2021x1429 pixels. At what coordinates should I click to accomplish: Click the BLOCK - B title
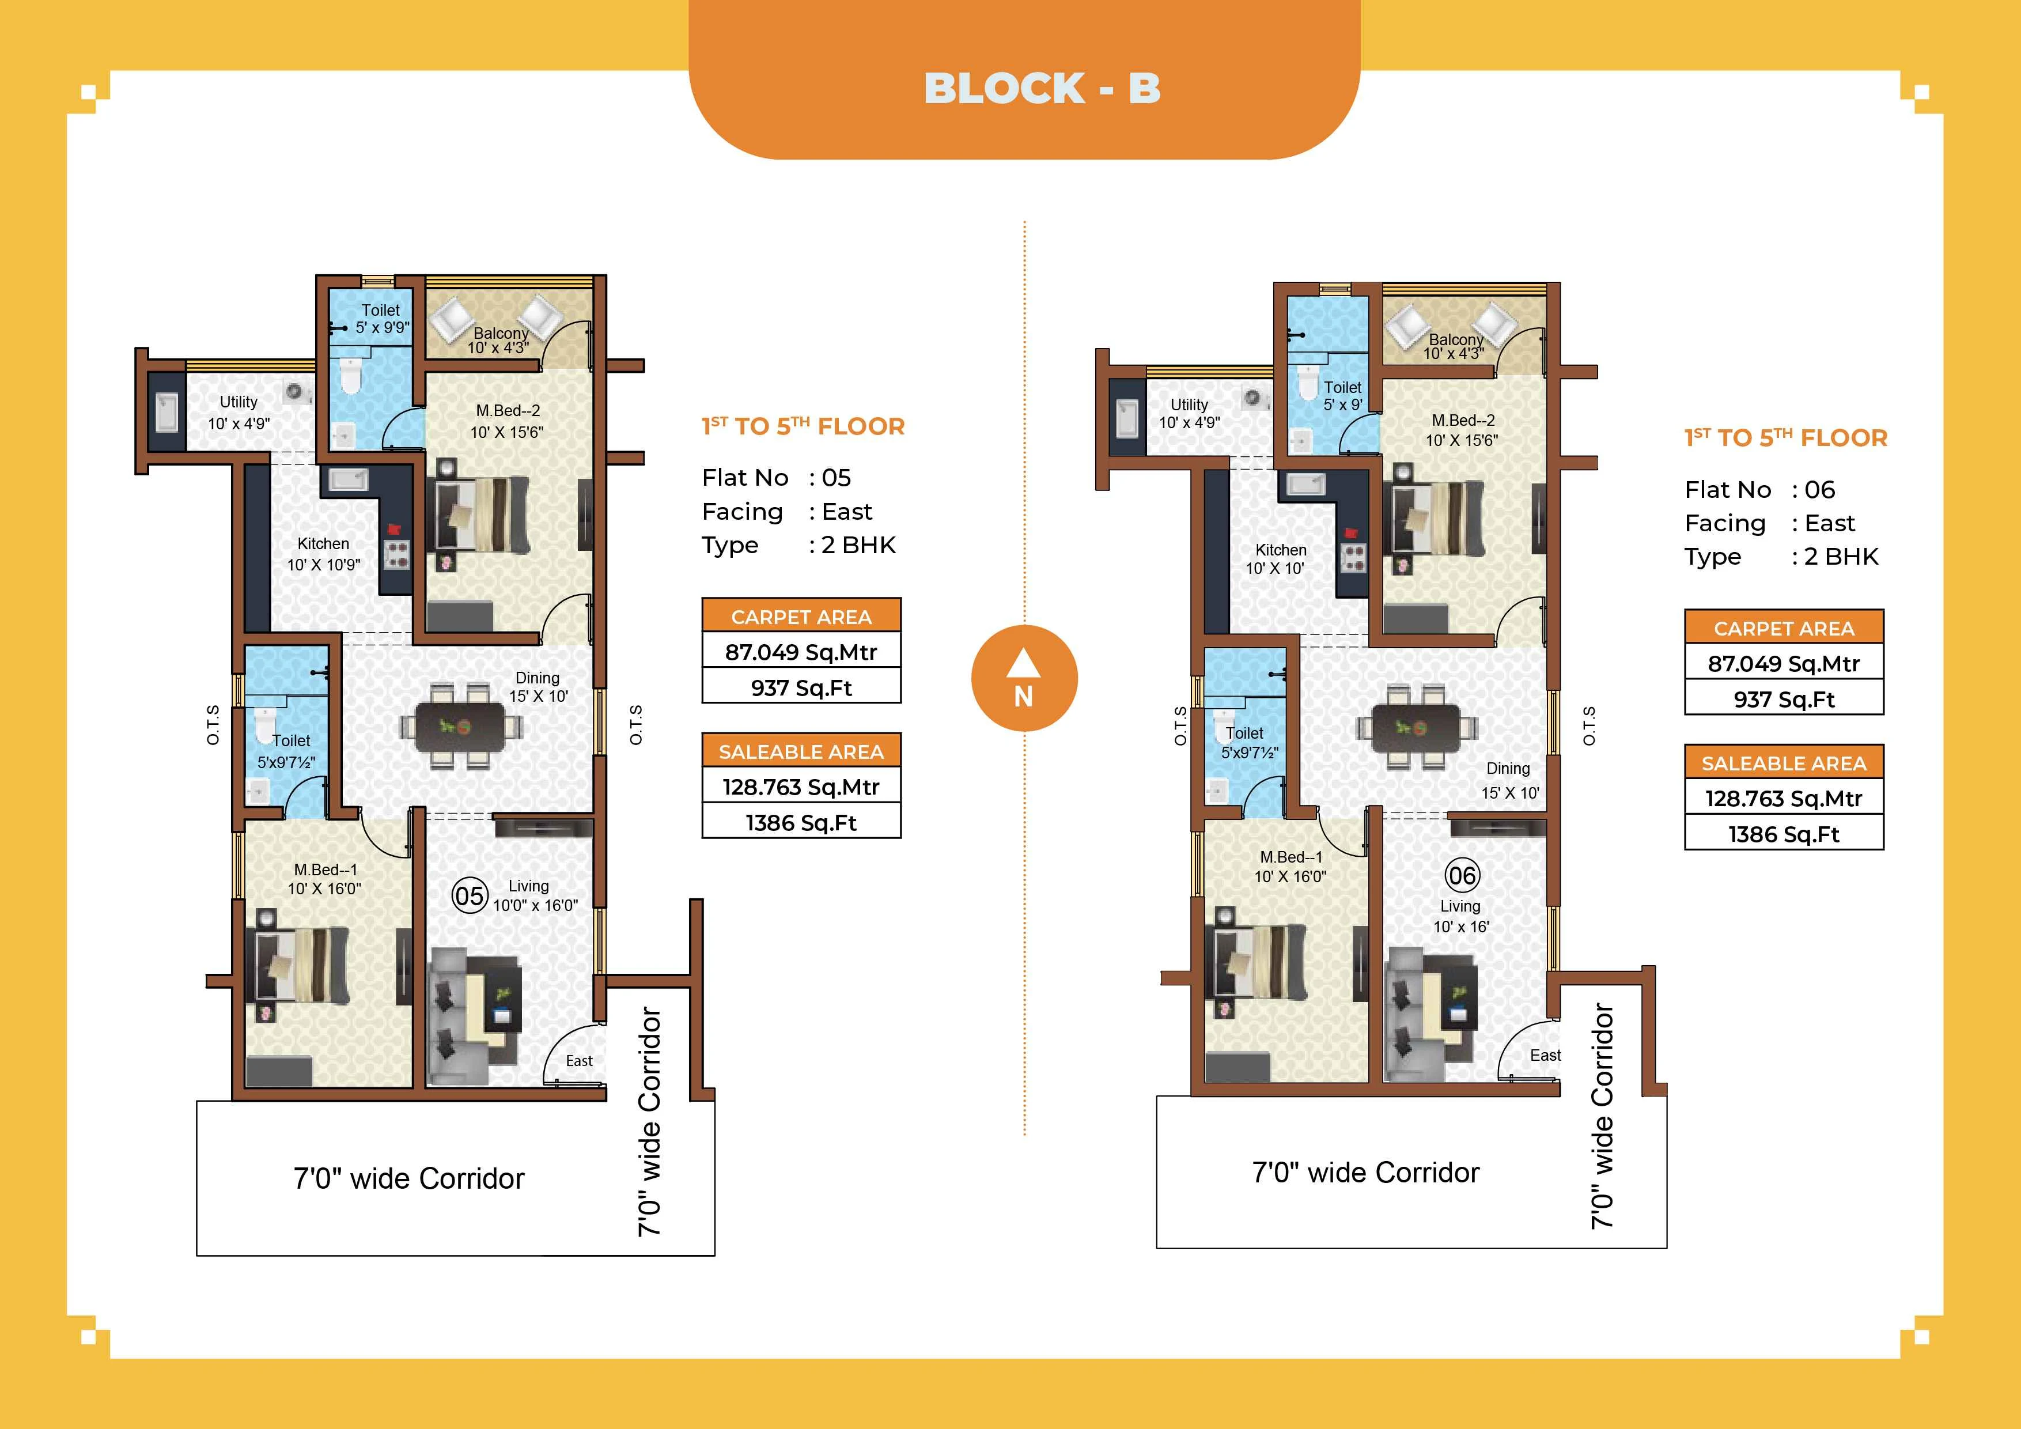click(1042, 88)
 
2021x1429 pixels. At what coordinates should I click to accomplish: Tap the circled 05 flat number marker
click(469, 897)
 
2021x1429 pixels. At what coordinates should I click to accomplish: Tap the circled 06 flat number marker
click(1462, 875)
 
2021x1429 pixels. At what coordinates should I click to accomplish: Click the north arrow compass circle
click(1024, 679)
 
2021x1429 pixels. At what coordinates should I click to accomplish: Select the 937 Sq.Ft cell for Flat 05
click(801, 687)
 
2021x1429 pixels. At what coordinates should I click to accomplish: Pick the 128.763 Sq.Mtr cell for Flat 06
click(1783, 799)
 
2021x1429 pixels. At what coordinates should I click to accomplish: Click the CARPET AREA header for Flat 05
click(801, 617)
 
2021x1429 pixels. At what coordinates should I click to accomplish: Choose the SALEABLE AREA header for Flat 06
click(1783, 763)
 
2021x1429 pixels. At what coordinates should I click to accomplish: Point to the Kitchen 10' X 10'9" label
click(323, 554)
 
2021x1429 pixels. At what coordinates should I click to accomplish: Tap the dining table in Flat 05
click(460, 727)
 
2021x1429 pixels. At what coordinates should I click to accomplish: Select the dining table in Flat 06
click(1416, 727)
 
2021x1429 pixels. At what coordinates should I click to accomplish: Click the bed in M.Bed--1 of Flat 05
click(302, 966)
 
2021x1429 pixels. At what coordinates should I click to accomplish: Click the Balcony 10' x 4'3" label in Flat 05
click(498, 340)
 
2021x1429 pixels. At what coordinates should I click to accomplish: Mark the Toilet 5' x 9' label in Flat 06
click(1342, 395)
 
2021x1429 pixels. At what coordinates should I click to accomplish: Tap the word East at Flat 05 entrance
click(579, 1061)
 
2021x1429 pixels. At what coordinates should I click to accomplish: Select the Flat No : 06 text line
click(1759, 490)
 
